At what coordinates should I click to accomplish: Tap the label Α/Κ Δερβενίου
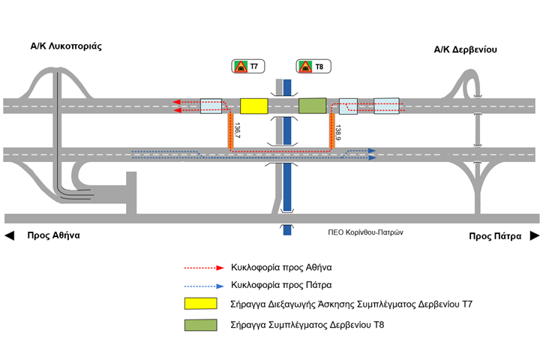[465, 50]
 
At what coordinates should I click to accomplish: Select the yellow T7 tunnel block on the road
[254, 106]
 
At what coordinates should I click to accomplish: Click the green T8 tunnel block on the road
[313, 106]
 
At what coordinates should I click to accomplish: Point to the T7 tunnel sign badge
[247, 67]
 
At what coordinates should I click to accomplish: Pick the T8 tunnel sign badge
[312, 67]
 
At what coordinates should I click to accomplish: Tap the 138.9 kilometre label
[339, 133]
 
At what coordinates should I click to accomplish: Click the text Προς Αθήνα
[53, 235]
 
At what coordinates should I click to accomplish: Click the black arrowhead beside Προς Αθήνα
[10, 235]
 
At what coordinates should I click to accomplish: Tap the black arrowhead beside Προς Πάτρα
[534, 235]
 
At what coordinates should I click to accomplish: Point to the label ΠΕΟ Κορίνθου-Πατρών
[366, 232]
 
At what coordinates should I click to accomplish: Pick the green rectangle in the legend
[200, 324]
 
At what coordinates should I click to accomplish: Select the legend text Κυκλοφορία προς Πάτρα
[283, 285]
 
